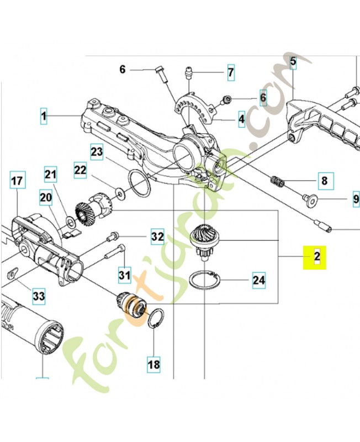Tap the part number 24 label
(258, 280)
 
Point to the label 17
(17, 180)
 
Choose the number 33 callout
(38, 297)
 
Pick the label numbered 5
(293, 62)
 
